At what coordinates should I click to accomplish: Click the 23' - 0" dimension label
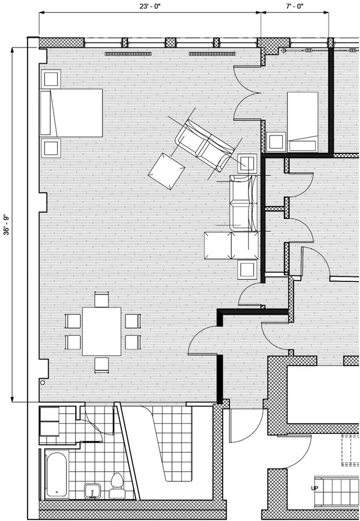click(x=149, y=6)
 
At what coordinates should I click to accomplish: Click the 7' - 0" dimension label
click(x=294, y=6)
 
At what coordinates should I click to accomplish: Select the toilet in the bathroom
click(x=117, y=483)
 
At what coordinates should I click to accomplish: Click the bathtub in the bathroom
click(x=56, y=474)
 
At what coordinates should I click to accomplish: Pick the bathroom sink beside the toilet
click(x=92, y=490)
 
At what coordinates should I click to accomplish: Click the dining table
click(x=102, y=331)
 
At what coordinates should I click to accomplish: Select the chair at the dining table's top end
click(x=102, y=300)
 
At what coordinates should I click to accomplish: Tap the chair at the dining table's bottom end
click(x=102, y=364)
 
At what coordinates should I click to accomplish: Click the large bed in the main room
click(x=72, y=112)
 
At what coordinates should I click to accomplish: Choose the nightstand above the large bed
click(x=51, y=79)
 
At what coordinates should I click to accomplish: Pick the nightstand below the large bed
click(x=51, y=148)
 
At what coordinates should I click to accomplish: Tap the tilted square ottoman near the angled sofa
click(x=167, y=171)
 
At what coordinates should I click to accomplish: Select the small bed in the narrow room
click(x=303, y=121)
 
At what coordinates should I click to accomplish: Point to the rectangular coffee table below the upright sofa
click(x=231, y=245)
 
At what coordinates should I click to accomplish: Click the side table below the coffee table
click(x=247, y=269)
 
